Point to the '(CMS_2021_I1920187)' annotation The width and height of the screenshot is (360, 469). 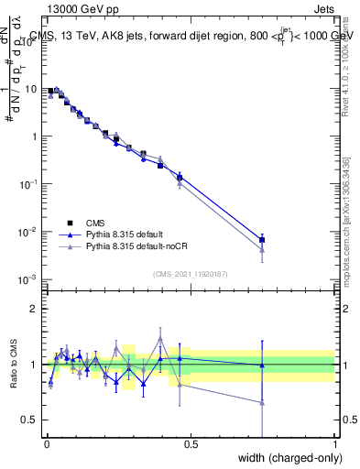click(x=190, y=273)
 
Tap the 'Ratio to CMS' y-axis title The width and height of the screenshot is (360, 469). click(x=13, y=365)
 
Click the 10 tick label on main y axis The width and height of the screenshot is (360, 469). click(x=32, y=89)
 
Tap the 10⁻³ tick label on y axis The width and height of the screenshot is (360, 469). click(x=30, y=278)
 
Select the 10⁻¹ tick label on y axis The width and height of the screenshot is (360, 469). click(x=30, y=183)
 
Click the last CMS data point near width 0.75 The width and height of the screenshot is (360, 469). click(x=263, y=240)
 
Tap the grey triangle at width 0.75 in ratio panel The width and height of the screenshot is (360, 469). click(x=263, y=402)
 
